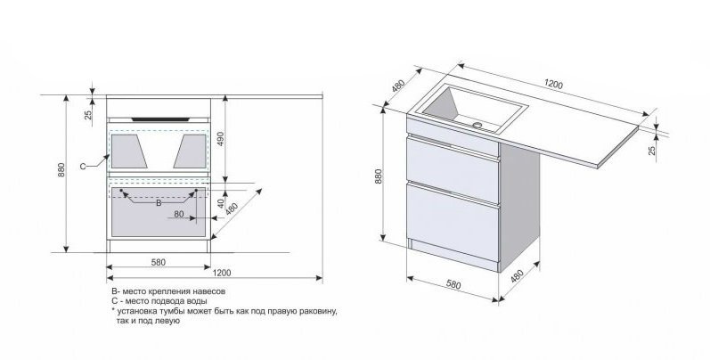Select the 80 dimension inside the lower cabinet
[x=179, y=214]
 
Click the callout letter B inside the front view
[x=159, y=203]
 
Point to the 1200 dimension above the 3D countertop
[x=554, y=85]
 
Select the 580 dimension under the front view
[x=158, y=261]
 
